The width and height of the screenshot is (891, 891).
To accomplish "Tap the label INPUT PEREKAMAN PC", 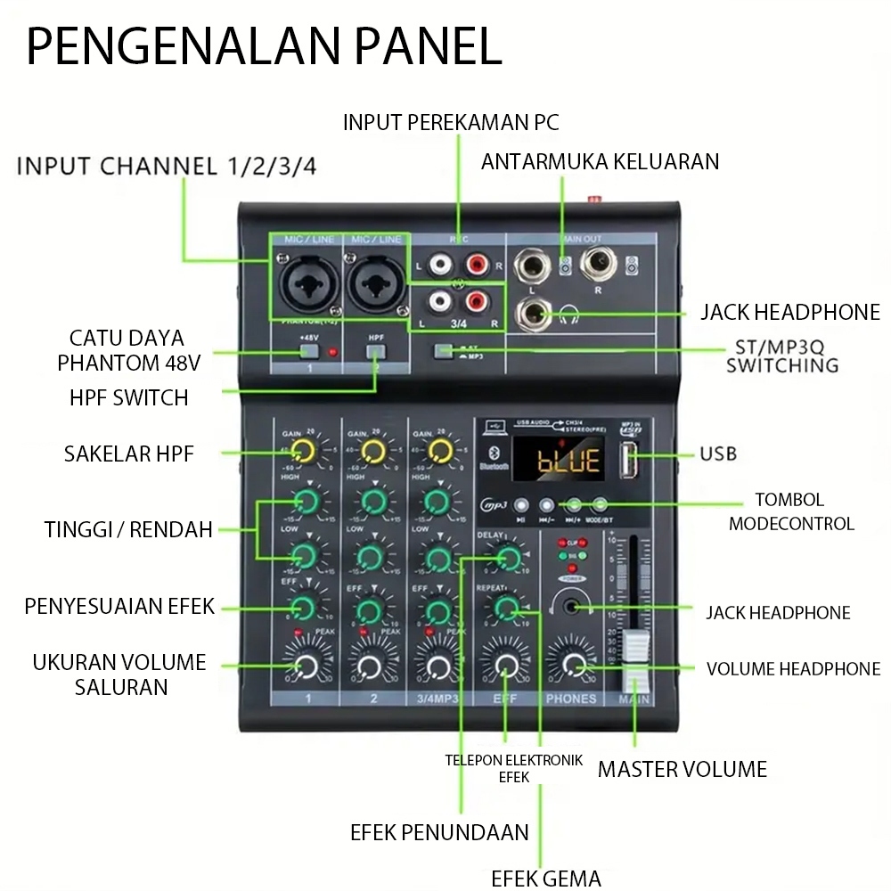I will tap(451, 122).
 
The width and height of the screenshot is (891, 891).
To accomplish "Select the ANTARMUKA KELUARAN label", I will tap(600, 161).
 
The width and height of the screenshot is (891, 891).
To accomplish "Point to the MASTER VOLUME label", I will tap(682, 769).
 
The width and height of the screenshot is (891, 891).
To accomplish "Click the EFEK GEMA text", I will tap(546, 878).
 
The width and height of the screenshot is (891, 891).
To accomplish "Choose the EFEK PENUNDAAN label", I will tap(439, 832).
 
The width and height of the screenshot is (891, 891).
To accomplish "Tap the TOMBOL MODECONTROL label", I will tap(790, 511).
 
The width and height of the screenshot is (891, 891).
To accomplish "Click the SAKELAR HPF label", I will tap(128, 454).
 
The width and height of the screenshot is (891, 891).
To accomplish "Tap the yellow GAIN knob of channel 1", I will tap(305, 451).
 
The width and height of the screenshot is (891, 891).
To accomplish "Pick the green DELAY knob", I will tap(509, 560).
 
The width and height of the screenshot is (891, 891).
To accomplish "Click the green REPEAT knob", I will tap(506, 609).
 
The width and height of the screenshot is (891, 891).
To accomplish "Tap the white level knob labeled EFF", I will tap(505, 666).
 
